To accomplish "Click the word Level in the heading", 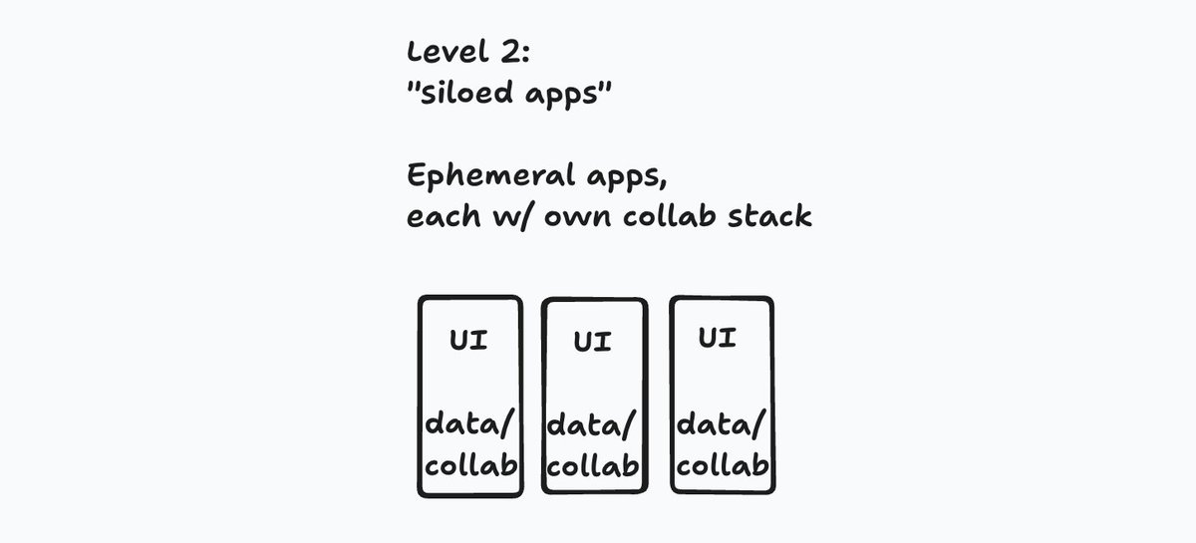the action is pyautogui.click(x=448, y=52).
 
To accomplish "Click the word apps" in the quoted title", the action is pyautogui.click(x=568, y=94).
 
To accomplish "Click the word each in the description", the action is pyautogui.click(x=444, y=215).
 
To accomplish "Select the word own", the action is pyautogui.click(x=577, y=218).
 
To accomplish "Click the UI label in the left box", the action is pyautogui.click(x=468, y=340).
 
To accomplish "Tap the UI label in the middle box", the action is pyautogui.click(x=592, y=342).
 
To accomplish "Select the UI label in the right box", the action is pyautogui.click(x=717, y=338).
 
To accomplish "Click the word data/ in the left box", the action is pyautogui.click(x=469, y=424).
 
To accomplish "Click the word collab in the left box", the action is pyautogui.click(x=470, y=465).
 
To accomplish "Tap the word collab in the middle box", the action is pyautogui.click(x=593, y=466).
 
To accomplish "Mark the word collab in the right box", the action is pyautogui.click(x=723, y=465).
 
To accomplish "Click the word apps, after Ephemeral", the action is pyautogui.click(x=627, y=177).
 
